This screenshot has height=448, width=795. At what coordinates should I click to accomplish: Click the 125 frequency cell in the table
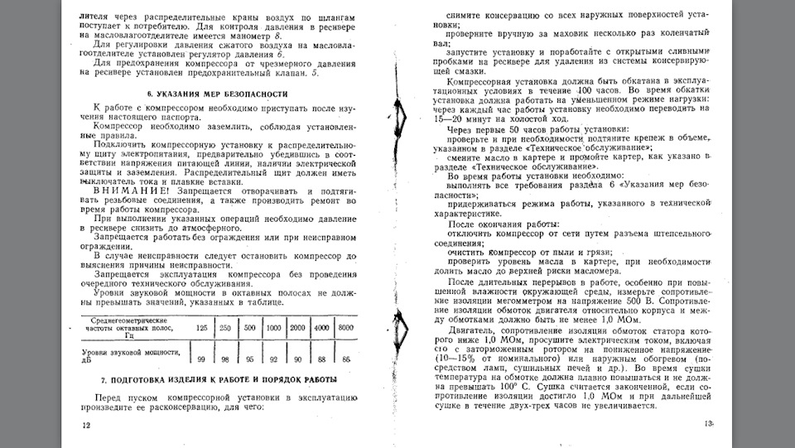tap(202, 328)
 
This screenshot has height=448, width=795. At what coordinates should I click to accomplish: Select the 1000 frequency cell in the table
tap(274, 328)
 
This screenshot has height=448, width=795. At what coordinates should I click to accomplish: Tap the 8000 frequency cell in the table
tap(346, 328)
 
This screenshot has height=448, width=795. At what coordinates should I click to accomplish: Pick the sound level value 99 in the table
tap(201, 358)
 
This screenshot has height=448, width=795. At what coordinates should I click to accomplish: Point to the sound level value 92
tap(273, 358)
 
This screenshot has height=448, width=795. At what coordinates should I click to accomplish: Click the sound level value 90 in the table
tap(297, 358)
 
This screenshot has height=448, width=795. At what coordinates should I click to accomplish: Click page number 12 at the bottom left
tap(86, 425)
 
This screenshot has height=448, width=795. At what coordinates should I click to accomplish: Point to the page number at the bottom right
tap(708, 424)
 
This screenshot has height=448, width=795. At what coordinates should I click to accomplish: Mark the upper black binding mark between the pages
tap(399, 116)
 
